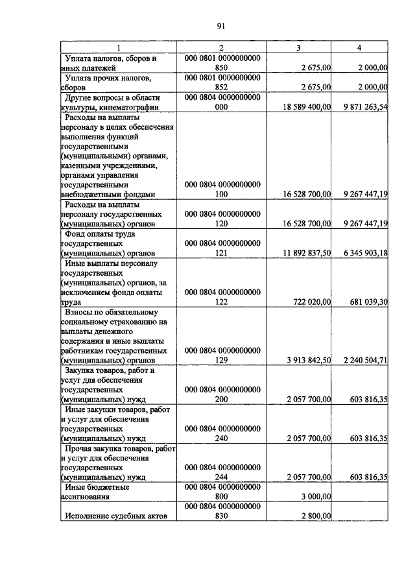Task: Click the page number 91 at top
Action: [x=220, y=26]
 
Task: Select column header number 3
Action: [x=298, y=48]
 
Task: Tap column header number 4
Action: [x=359, y=48]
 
